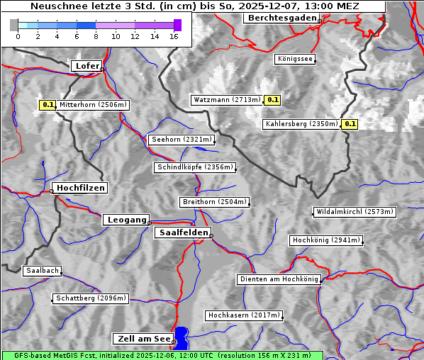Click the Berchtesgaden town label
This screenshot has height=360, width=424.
(281, 18)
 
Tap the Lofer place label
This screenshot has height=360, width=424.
(87, 66)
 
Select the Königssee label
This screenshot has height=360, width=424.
(295, 60)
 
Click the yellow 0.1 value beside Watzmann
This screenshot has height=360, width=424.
(272, 100)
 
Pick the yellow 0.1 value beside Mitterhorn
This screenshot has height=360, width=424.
(48, 105)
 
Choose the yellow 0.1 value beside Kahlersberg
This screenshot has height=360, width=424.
(350, 124)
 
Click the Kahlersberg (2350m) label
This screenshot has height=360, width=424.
(301, 124)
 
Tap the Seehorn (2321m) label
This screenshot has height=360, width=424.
(181, 140)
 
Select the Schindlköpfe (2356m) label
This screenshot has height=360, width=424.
(194, 168)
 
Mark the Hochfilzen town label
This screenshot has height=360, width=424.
(80, 188)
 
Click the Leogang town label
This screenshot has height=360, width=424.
(127, 220)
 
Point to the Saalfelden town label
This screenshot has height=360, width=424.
(182, 232)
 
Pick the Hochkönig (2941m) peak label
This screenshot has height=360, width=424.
(326, 241)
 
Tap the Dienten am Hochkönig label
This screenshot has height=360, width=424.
(279, 280)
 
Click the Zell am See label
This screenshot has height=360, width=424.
(143, 339)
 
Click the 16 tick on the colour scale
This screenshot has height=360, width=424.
(174, 36)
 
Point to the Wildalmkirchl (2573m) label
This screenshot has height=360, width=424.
(354, 212)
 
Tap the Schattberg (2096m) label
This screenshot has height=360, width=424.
(91, 298)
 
